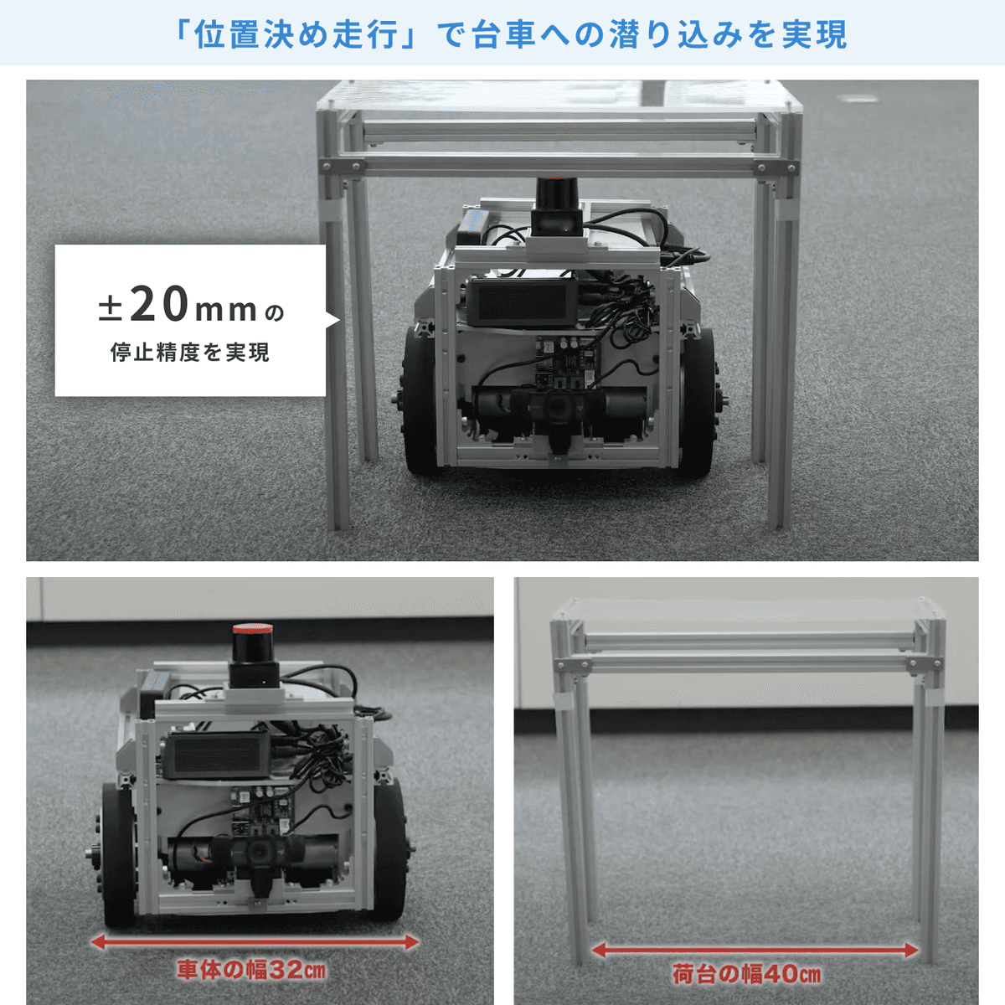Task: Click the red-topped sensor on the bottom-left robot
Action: [252, 656]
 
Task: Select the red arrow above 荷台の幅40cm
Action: [755, 950]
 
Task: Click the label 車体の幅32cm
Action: [251, 970]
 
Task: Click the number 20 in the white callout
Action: [159, 304]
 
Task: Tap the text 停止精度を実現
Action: [190, 353]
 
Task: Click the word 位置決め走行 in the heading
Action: [294, 34]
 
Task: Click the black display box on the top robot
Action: [522, 301]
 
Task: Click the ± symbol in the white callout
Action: [110, 309]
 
